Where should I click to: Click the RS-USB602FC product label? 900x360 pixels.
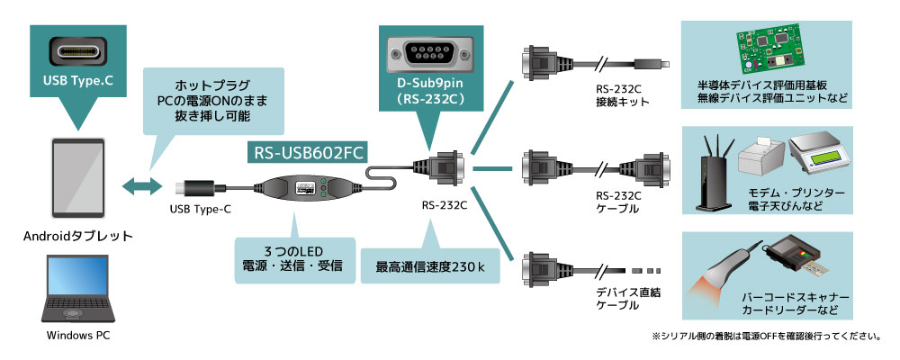tap(307, 153)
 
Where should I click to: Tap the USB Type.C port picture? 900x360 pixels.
tap(77, 51)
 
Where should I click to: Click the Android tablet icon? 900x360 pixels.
tap(78, 177)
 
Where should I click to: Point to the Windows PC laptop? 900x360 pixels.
tap(78, 290)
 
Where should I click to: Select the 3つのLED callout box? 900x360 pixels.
tap(294, 258)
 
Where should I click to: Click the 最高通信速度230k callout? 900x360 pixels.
tap(430, 265)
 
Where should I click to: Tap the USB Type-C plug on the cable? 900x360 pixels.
tap(194, 189)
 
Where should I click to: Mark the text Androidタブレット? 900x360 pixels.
tap(78, 236)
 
